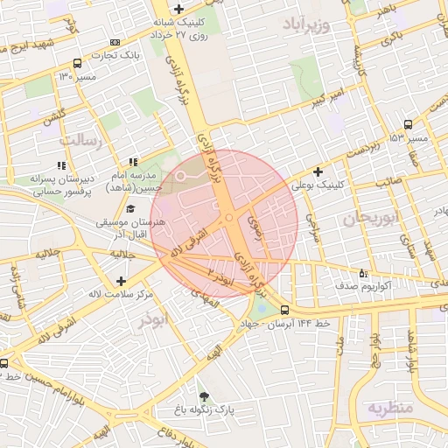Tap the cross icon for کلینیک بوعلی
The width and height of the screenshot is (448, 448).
coord(318,171)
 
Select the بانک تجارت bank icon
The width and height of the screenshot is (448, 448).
coord(115,42)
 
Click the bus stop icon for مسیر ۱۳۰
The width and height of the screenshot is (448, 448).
coord(77,63)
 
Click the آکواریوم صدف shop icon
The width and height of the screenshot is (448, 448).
coord(363,273)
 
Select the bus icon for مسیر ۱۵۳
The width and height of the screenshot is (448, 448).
coord(409,124)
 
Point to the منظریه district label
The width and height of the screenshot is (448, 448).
coord(388,408)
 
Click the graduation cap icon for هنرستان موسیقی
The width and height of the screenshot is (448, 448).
coord(130,208)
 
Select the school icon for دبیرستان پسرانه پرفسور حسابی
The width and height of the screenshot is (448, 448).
coord(61,164)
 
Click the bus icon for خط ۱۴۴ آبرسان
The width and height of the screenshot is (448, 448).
coord(284,310)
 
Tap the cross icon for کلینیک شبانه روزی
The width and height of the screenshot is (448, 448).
coord(178,9)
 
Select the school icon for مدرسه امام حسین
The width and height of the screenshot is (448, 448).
coord(133,162)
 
